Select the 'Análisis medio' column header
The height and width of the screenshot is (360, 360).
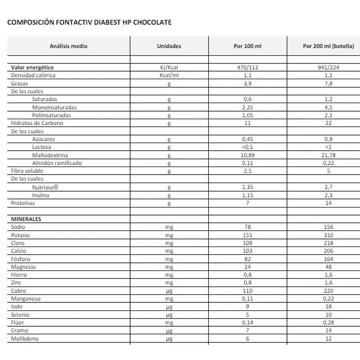[x=68, y=46]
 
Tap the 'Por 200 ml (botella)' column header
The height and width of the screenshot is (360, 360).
[x=328, y=46]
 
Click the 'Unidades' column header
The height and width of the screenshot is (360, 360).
[x=169, y=46]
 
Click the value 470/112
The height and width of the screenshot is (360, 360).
[x=248, y=67]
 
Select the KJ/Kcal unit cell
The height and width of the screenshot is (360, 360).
[x=169, y=67]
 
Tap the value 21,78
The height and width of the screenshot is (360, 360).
[x=328, y=155]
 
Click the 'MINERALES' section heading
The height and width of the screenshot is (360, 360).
[x=26, y=219]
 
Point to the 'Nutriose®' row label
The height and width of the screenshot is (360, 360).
[x=46, y=187]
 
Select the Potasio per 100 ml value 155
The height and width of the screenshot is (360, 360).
[x=248, y=235]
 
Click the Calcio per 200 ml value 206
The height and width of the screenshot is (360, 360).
[x=328, y=251]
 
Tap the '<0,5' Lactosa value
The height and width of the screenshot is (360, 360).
[x=248, y=147]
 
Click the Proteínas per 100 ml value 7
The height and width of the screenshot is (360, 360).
[x=248, y=203]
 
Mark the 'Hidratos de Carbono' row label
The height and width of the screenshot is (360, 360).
[x=37, y=123]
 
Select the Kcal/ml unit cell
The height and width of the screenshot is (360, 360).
[x=169, y=75]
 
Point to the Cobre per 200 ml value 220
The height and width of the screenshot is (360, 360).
[x=328, y=291]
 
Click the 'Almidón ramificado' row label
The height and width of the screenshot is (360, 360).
[x=57, y=163]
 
